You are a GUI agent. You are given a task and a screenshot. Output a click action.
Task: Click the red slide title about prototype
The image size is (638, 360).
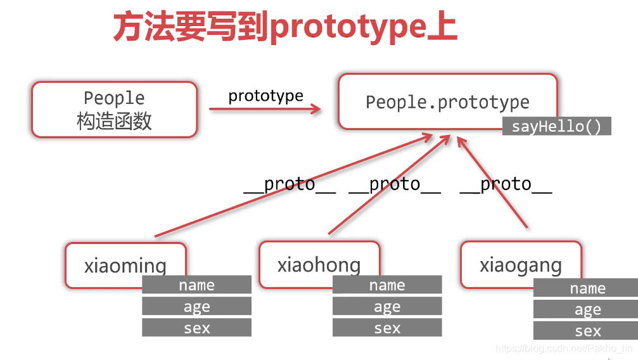[285, 27]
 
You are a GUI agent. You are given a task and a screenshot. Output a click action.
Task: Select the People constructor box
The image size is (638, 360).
[115, 109]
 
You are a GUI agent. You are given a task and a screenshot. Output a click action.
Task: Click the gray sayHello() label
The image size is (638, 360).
[557, 126]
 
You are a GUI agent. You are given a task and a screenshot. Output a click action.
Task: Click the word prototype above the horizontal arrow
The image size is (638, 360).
[265, 96]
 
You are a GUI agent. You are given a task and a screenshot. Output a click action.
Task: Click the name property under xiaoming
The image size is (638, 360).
[196, 285]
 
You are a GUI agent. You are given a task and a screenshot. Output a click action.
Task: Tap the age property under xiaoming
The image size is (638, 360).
[196, 307]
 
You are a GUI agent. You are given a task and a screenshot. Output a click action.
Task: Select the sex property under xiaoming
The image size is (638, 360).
[196, 328]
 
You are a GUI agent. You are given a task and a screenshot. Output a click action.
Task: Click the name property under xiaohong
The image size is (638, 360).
[387, 285]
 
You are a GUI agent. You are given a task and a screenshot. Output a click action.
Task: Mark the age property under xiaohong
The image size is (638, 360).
[387, 307]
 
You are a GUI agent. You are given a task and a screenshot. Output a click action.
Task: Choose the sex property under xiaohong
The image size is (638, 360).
[387, 328]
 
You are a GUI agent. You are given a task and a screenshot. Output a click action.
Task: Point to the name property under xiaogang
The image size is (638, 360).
[587, 288]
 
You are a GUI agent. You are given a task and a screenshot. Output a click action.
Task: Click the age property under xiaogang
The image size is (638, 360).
[587, 310]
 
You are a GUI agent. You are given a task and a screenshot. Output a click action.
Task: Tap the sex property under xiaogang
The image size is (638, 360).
[587, 331]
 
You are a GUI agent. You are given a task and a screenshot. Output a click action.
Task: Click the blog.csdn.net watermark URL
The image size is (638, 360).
[563, 349]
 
